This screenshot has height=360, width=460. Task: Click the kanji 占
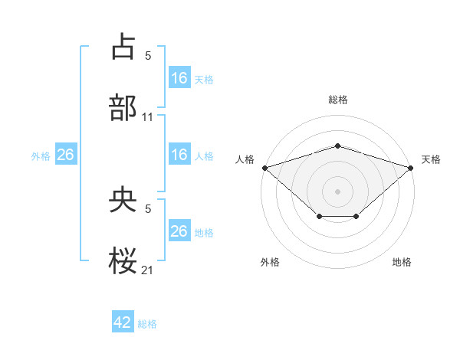[123, 47]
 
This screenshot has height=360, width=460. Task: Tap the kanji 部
[123, 108]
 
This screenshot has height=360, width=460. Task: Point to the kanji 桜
[123, 261]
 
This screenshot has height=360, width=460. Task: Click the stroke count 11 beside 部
[148, 117]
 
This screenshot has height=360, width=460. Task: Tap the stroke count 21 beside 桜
[148, 270]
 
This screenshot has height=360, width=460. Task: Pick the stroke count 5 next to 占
[148, 55]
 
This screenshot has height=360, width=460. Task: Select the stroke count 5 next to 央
[148, 208]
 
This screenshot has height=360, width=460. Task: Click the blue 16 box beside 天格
[179, 77]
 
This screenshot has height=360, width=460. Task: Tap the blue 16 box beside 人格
[179, 155]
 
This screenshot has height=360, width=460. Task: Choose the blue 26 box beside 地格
[179, 231]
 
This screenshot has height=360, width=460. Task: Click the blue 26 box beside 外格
[65, 155]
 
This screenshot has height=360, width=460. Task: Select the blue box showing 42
[123, 322]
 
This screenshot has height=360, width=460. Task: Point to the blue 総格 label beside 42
[147, 324]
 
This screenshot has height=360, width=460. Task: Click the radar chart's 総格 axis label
[337, 100]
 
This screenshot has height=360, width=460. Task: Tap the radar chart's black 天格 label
[431, 159]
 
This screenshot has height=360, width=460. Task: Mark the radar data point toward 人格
[264, 167]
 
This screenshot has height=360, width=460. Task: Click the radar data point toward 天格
[411, 167]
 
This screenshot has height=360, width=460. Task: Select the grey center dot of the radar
[337, 191]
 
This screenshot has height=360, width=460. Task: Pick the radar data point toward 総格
[337, 146]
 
